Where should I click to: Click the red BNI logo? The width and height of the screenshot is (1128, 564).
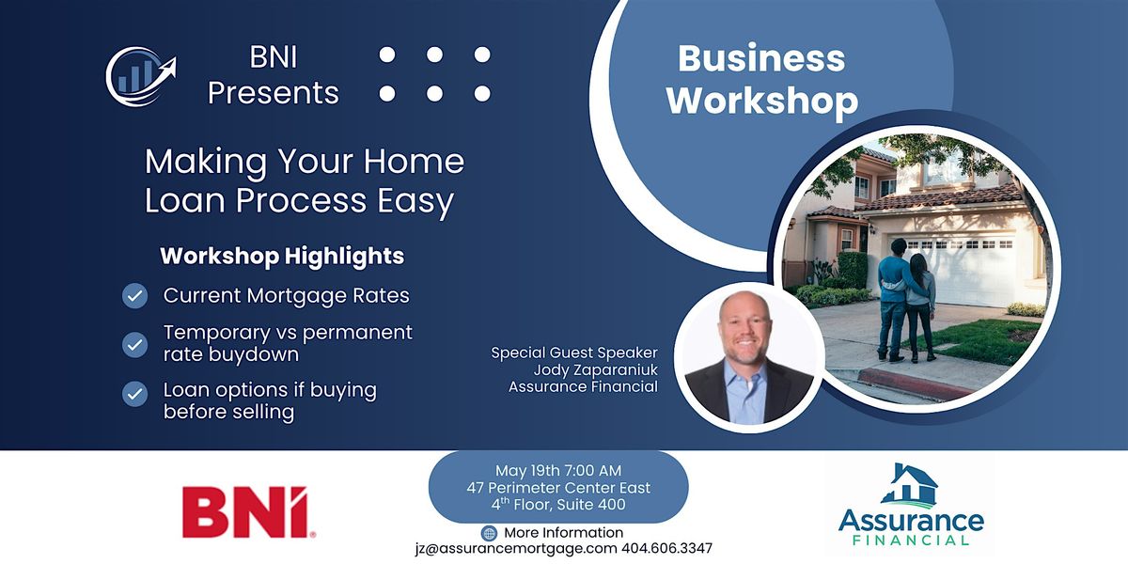(x=249, y=511)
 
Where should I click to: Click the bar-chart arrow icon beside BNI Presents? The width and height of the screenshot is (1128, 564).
(x=141, y=76)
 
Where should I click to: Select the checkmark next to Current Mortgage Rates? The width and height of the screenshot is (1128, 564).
(x=134, y=295)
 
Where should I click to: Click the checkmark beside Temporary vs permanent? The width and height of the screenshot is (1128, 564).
(x=134, y=345)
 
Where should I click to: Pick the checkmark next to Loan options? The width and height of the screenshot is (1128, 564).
(x=134, y=394)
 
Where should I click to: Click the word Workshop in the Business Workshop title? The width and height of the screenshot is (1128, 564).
(x=762, y=101)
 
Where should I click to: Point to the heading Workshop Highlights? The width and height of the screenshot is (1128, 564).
(x=282, y=256)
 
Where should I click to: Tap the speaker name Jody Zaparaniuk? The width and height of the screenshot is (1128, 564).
(x=595, y=370)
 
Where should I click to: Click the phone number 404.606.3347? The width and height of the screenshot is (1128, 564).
(x=666, y=548)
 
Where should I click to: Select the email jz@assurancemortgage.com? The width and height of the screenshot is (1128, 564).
(x=516, y=548)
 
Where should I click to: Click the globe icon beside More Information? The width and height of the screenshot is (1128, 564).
(x=489, y=533)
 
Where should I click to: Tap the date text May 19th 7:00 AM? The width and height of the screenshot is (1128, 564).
(x=558, y=470)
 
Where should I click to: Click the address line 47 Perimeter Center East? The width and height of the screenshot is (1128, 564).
(x=558, y=488)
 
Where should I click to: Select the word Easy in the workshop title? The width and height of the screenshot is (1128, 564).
(x=415, y=200)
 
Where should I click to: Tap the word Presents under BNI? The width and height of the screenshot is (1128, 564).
(x=274, y=93)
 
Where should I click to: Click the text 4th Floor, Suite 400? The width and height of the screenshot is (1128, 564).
(x=558, y=504)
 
